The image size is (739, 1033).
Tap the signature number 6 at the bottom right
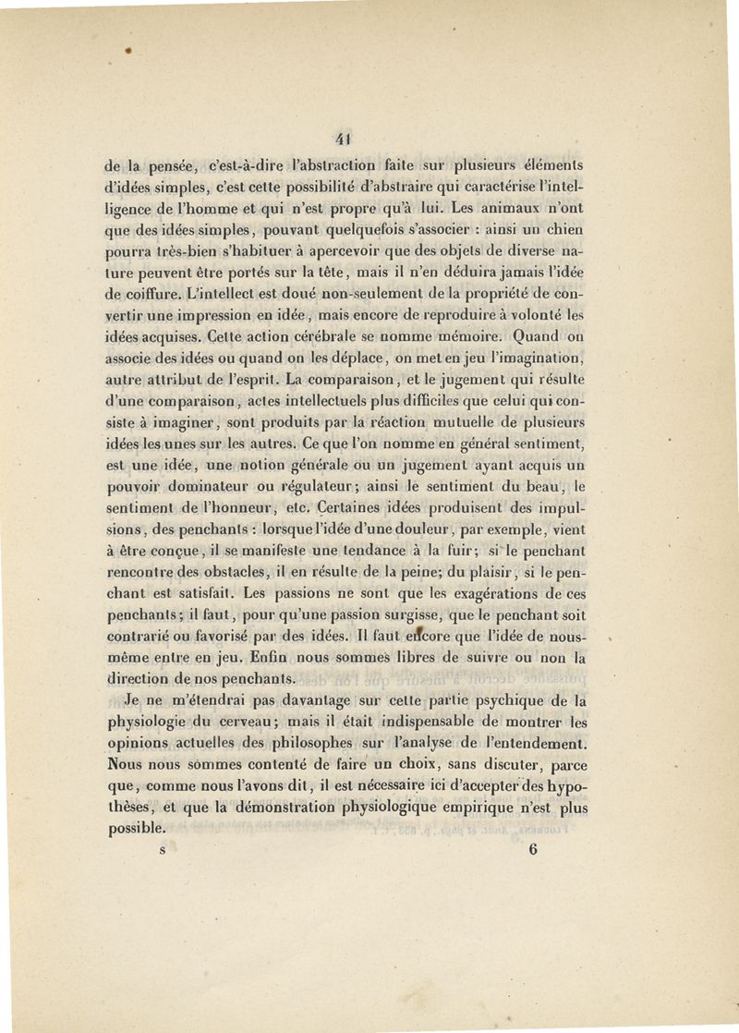click(534, 852)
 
